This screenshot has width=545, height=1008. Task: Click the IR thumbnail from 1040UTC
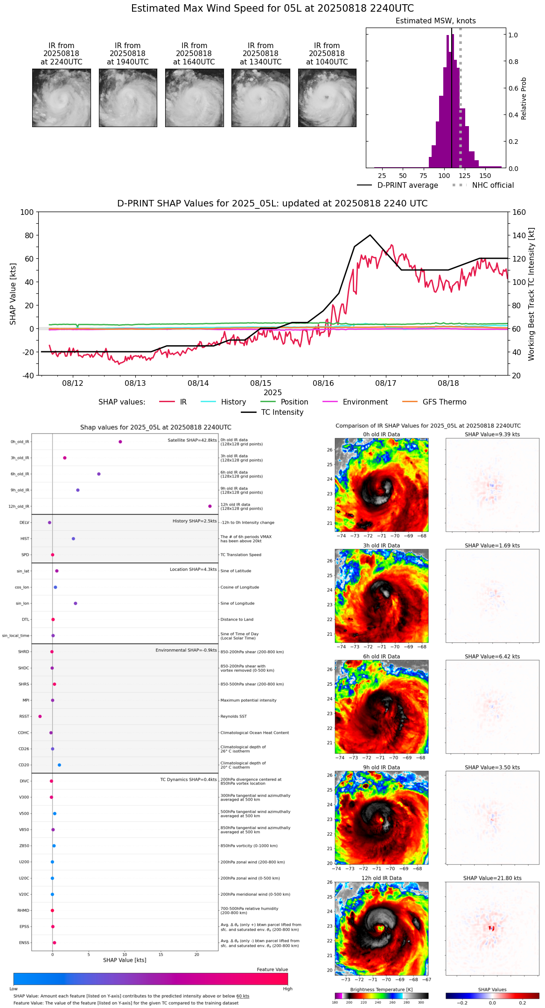(x=327, y=98)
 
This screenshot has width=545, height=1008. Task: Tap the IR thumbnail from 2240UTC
(x=62, y=98)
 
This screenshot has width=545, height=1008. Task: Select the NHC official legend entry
(x=492, y=185)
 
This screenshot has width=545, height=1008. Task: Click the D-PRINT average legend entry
(x=407, y=185)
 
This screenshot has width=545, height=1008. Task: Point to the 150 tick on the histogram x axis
(x=485, y=176)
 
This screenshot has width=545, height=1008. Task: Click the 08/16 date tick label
(x=323, y=383)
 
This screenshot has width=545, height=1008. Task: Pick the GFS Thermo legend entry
(x=444, y=402)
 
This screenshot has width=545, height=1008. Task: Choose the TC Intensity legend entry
(x=282, y=412)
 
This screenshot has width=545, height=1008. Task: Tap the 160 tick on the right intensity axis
(x=519, y=212)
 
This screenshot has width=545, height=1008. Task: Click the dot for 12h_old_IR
(x=210, y=506)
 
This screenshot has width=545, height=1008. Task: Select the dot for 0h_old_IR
(x=120, y=442)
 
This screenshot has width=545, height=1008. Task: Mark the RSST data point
(x=40, y=717)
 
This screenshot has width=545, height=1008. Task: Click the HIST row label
(x=25, y=539)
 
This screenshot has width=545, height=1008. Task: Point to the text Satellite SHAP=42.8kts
(x=192, y=440)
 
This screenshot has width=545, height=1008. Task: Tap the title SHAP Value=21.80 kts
(x=492, y=878)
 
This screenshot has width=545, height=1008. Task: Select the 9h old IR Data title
(x=381, y=767)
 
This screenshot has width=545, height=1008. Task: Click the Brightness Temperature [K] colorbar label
(x=381, y=989)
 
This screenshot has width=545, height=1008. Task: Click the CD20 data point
(x=59, y=765)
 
